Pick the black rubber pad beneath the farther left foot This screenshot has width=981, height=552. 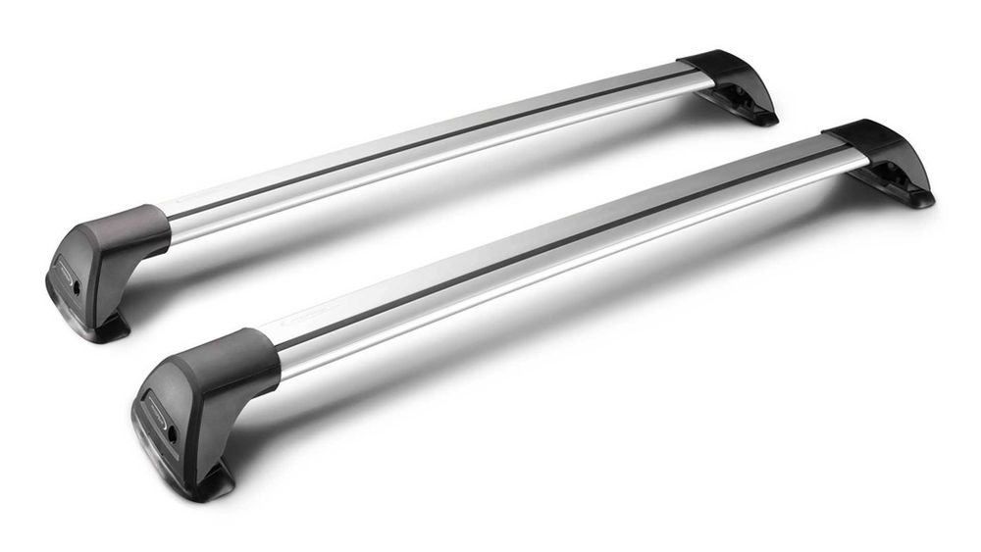click(110, 329)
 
